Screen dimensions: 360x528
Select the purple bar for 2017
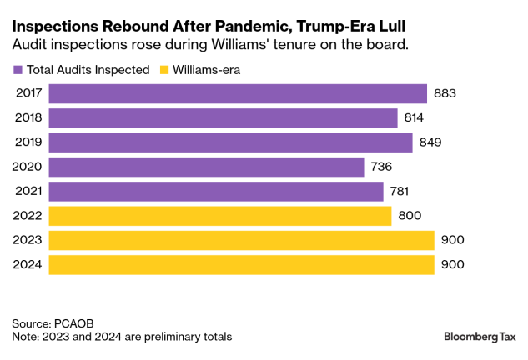tap(238, 93)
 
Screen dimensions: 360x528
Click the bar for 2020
tap(207, 167)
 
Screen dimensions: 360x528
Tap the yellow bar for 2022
tap(220, 216)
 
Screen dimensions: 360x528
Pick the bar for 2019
tap(231, 142)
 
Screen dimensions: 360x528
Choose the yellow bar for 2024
tap(242, 265)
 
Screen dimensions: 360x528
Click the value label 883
tap(445, 93)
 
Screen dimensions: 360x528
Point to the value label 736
tap(381, 167)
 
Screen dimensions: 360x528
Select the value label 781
tap(400, 192)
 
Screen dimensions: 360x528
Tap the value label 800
tap(409, 216)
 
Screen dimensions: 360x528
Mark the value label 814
tap(415, 118)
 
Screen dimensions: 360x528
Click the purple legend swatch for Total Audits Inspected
tap(18, 70)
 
